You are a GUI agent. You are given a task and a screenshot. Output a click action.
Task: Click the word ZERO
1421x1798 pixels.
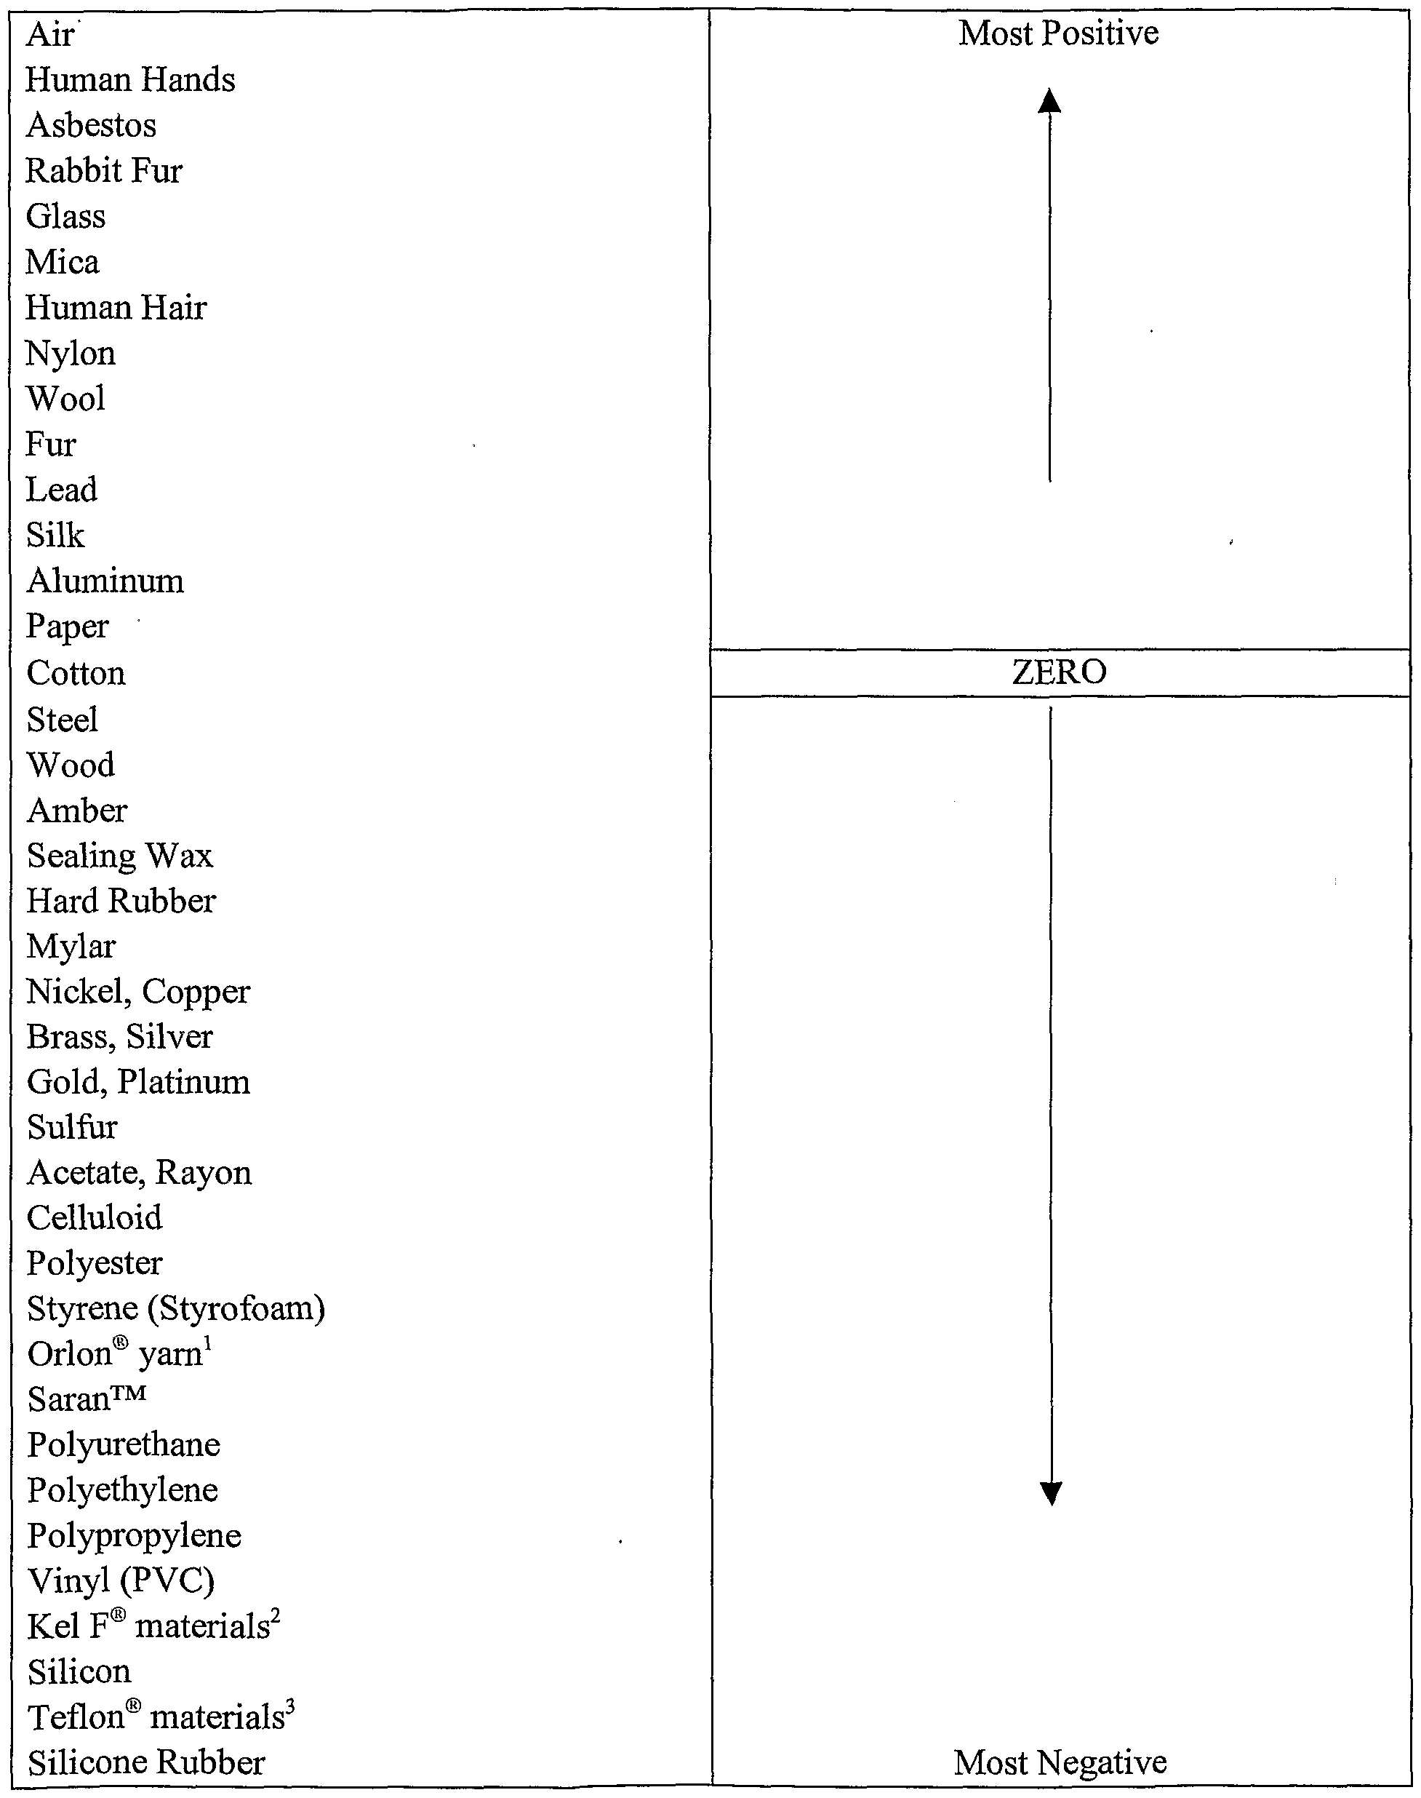coord(1059,672)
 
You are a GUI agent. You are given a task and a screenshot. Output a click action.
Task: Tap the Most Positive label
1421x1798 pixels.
coord(1058,33)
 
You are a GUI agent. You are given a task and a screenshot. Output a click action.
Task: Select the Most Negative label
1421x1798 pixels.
coord(1060,1762)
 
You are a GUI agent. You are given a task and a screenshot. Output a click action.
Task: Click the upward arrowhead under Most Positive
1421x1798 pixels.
coord(1050,102)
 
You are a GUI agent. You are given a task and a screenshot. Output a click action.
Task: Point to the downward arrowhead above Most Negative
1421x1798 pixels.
coord(1052,1494)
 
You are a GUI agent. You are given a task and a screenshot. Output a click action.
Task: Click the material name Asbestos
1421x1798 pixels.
coord(92,126)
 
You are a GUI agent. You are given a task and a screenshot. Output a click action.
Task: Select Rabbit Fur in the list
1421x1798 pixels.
coord(104,172)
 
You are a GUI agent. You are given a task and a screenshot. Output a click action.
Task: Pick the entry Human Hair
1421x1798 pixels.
coord(116,308)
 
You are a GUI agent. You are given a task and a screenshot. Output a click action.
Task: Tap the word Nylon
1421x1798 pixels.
coord(71,354)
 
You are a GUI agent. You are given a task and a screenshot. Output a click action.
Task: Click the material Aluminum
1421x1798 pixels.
coord(105,581)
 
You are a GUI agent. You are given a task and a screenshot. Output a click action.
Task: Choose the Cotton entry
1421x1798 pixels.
coord(76,672)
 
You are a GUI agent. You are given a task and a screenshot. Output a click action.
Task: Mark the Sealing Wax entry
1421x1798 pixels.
coord(120,856)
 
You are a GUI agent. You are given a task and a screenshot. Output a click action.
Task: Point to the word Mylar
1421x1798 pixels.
coord(71,947)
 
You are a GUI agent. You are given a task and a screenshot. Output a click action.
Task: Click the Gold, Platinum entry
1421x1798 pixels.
coord(138,1082)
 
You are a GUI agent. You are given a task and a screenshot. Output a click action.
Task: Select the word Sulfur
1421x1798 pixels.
coord(73,1127)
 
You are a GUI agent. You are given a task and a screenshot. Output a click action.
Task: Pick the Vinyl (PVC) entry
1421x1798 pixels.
coord(121,1580)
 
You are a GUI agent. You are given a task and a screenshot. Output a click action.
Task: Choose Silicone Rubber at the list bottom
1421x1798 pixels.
coord(145,1762)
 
